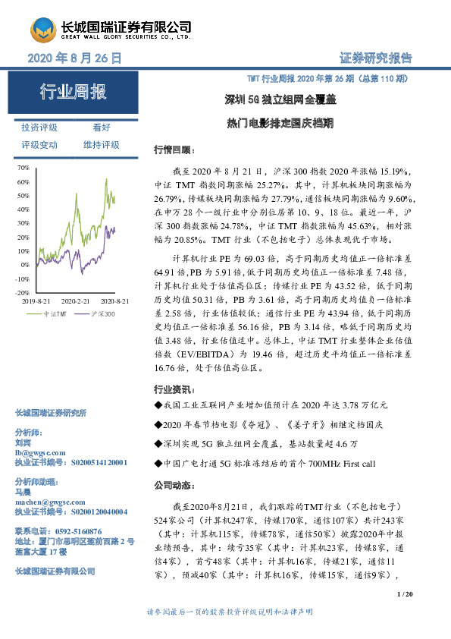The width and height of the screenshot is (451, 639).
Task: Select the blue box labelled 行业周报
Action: point(74,93)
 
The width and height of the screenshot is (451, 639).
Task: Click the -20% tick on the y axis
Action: point(22,292)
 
